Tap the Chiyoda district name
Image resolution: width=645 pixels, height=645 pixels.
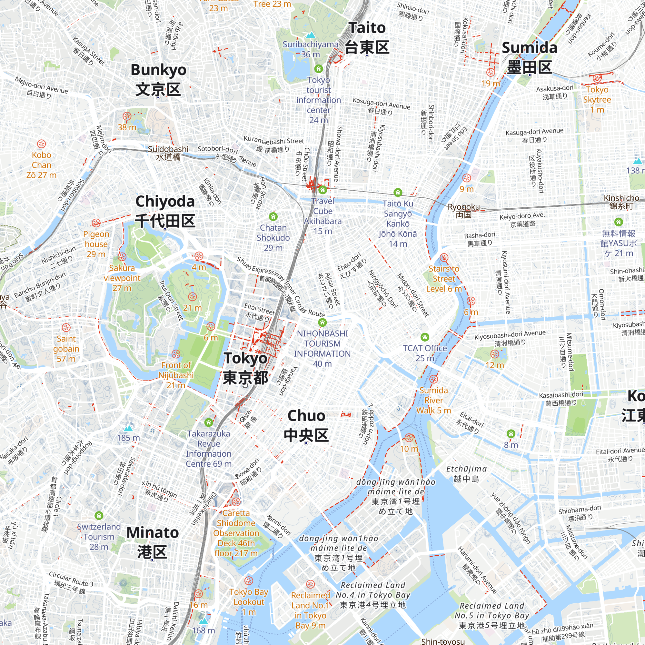[165, 211]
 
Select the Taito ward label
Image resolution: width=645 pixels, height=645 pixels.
[367, 37]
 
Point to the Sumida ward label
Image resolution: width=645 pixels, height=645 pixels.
[530, 57]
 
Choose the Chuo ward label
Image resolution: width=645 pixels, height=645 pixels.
[306, 425]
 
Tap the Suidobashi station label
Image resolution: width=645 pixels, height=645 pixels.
[168, 153]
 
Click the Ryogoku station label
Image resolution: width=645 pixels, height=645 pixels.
[463, 210]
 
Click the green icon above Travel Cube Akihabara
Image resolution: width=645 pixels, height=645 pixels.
[322, 190]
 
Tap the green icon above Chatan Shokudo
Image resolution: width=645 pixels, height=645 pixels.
[273, 217]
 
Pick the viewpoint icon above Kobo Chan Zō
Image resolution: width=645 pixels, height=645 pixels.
[41, 144]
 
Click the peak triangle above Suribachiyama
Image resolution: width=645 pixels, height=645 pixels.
[311, 35]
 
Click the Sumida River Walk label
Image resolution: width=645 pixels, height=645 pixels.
[433, 400]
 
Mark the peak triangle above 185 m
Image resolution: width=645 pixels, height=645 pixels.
[128, 428]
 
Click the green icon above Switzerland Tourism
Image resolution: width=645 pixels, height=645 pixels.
[99, 515]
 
